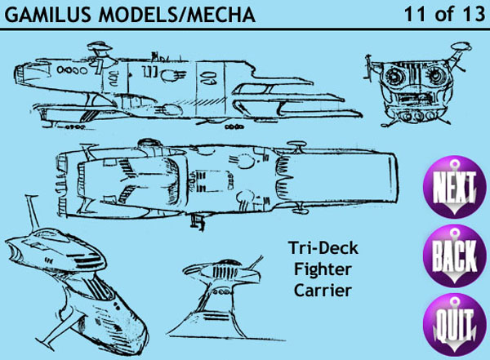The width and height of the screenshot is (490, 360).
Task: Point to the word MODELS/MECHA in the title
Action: pos(184,15)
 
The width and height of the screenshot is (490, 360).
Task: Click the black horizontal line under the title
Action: pos(245,29)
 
